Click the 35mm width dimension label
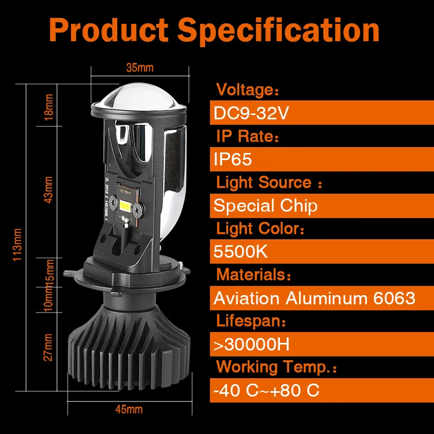[140, 68]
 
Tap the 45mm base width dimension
[129, 410]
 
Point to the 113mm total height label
[17, 245]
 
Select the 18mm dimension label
[48, 107]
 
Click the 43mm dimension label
[48, 190]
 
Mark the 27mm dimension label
[48, 347]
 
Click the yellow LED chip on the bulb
[125, 205]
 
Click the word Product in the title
[109, 30]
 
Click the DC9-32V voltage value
[251, 113]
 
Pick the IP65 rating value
[233, 159]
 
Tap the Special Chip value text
[265, 206]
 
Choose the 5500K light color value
[240, 252]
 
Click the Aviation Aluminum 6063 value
[315, 298]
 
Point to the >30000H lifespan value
[252, 344]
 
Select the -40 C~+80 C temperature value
[266, 390]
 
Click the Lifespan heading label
[251, 321]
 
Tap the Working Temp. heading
[276, 367]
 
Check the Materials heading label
[253, 275]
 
